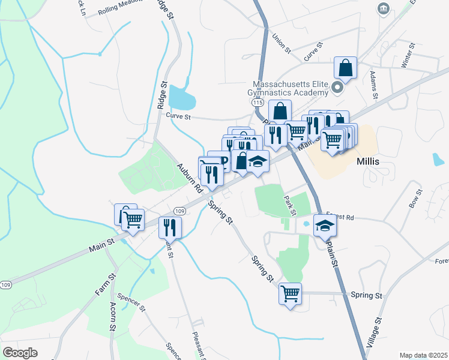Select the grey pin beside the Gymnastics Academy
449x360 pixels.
(337, 88)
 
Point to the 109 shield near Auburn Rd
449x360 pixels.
(179, 211)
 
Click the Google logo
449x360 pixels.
(20, 353)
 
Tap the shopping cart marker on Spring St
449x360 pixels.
(291, 294)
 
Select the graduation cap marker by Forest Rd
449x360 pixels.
(325, 226)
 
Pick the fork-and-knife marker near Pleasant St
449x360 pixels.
(170, 227)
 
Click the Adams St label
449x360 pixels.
(374, 85)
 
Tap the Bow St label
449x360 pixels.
(415, 199)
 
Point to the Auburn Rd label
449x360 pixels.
(188, 178)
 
